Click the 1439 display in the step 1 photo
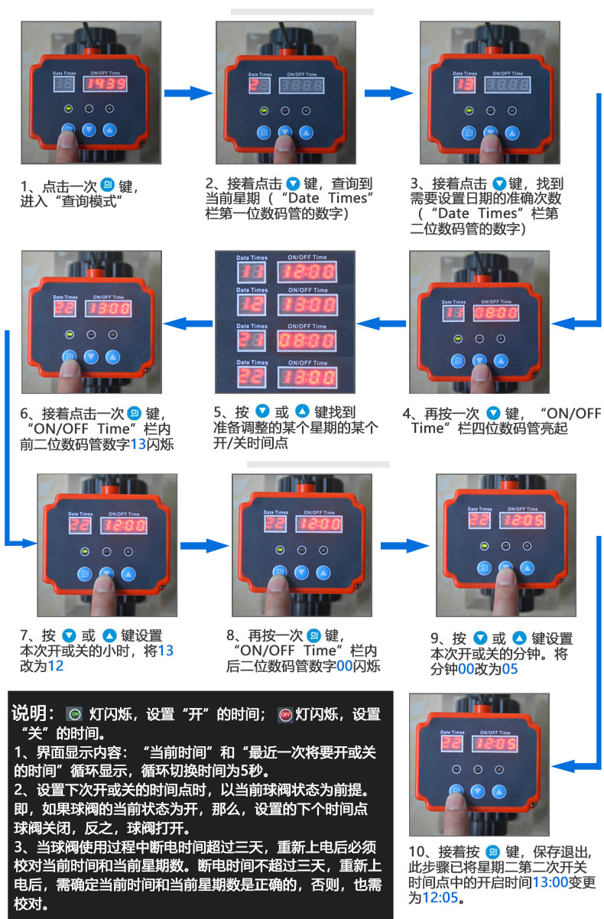coord(106,83)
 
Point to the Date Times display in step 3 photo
coord(464,84)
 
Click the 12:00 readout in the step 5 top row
coord(305,273)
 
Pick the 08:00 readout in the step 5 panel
coord(305,340)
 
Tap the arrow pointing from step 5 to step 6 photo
coord(188,323)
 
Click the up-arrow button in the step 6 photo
coord(113,356)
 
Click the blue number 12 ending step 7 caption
coord(56,665)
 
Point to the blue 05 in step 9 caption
coord(510,669)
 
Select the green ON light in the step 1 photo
coord(68,109)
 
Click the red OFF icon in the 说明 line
coord(285,715)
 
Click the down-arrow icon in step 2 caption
coord(292,184)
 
